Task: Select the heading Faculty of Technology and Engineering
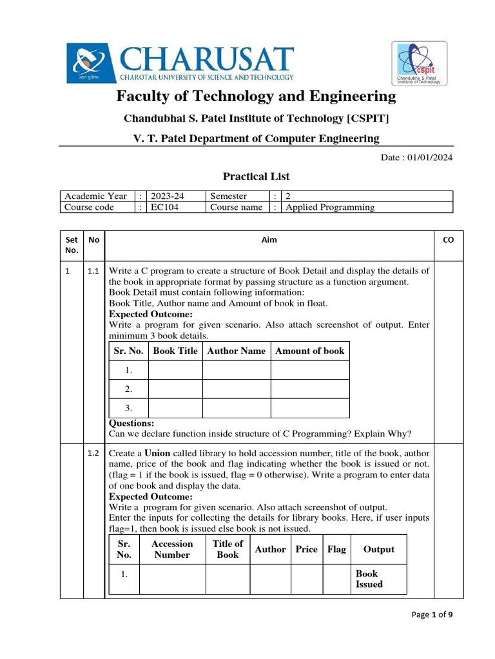pos(256,97)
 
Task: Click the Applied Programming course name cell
pos(330,207)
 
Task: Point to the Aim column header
pos(269,239)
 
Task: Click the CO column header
pos(448,239)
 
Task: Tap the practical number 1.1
pos(93,272)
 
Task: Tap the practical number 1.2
pos(93,453)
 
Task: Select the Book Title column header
pos(175,351)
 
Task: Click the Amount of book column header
pos(309,351)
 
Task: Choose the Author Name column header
pos(236,351)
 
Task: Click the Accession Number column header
pos(172,549)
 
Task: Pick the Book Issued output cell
pos(369,579)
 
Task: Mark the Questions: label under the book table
pos(131,423)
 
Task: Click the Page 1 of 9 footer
pos(432,615)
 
